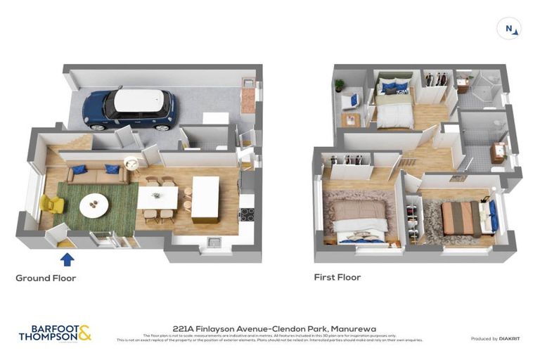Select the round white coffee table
tap(94, 205)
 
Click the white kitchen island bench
tap(205, 198)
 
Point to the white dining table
tap(157, 198)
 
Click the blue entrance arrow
tap(67, 259)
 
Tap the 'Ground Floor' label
tap(46, 278)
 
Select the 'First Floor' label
tap(337, 278)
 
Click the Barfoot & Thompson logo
tap(55, 333)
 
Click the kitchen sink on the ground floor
tap(214, 243)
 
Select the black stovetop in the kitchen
tap(247, 214)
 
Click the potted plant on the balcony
tap(340, 85)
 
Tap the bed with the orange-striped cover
tap(461, 219)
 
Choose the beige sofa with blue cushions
tap(98, 173)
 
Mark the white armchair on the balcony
tap(349, 103)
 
